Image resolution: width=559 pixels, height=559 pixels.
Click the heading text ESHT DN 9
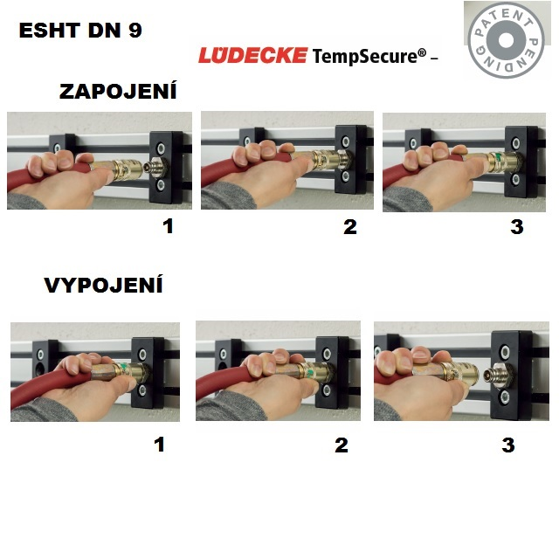coord(80,30)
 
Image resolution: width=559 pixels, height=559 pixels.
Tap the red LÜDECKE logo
coord(252,55)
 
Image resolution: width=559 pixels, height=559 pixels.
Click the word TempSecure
coord(365,56)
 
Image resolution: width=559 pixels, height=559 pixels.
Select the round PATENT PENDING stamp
coord(506,40)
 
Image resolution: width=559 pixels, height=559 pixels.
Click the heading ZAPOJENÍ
coord(118,91)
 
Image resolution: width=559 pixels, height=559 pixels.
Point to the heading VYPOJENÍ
coord(103,285)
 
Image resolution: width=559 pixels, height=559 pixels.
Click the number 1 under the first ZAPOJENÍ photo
coord(168,226)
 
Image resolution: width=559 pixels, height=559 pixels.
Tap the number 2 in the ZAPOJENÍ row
coord(350,227)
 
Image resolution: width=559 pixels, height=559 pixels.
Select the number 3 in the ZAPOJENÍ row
coord(517,227)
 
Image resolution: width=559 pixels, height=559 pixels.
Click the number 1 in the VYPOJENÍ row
coord(159,445)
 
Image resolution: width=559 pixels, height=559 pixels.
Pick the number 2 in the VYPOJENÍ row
coord(342,445)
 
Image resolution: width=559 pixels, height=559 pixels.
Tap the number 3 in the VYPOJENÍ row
coord(508,445)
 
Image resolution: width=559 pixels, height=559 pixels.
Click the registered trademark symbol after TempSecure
coord(422,52)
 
